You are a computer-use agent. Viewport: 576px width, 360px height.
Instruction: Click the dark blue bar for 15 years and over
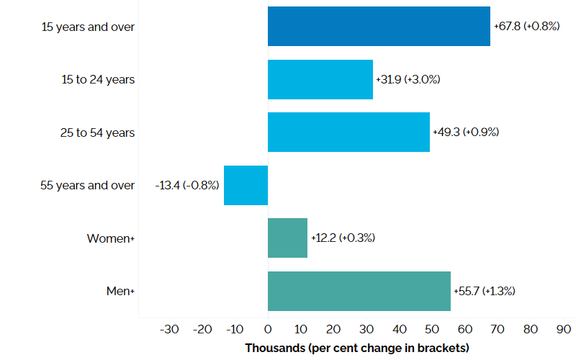(x=379, y=27)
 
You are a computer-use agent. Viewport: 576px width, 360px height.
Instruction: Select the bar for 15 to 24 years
(x=320, y=79)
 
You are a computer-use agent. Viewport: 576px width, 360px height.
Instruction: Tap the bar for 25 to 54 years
(x=348, y=132)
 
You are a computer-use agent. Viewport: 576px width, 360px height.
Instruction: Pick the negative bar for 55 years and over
(x=246, y=185)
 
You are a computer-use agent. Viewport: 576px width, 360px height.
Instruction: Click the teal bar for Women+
(x=287, y=238)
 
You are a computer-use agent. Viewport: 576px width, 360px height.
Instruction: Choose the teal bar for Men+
(x=359, y=291)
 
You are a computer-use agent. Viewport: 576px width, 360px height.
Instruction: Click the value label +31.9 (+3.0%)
(x=408, y=79)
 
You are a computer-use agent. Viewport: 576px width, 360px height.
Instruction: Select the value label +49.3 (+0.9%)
(x=466, y=132)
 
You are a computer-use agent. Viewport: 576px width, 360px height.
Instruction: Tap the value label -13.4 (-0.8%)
(x=187, y=185)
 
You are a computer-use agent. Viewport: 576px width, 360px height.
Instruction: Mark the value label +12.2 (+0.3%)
(x=343, y=238)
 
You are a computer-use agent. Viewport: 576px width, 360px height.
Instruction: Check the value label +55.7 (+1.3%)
(x=485, y=291)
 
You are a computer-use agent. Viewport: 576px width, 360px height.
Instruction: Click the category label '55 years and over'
(x=87, y=185)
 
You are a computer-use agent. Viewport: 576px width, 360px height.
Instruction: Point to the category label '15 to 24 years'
(x=97, y=79)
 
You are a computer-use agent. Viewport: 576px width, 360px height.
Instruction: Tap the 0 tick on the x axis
(x=268, y=330)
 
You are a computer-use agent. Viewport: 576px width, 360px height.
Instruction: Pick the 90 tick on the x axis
(x=563, y=330)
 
